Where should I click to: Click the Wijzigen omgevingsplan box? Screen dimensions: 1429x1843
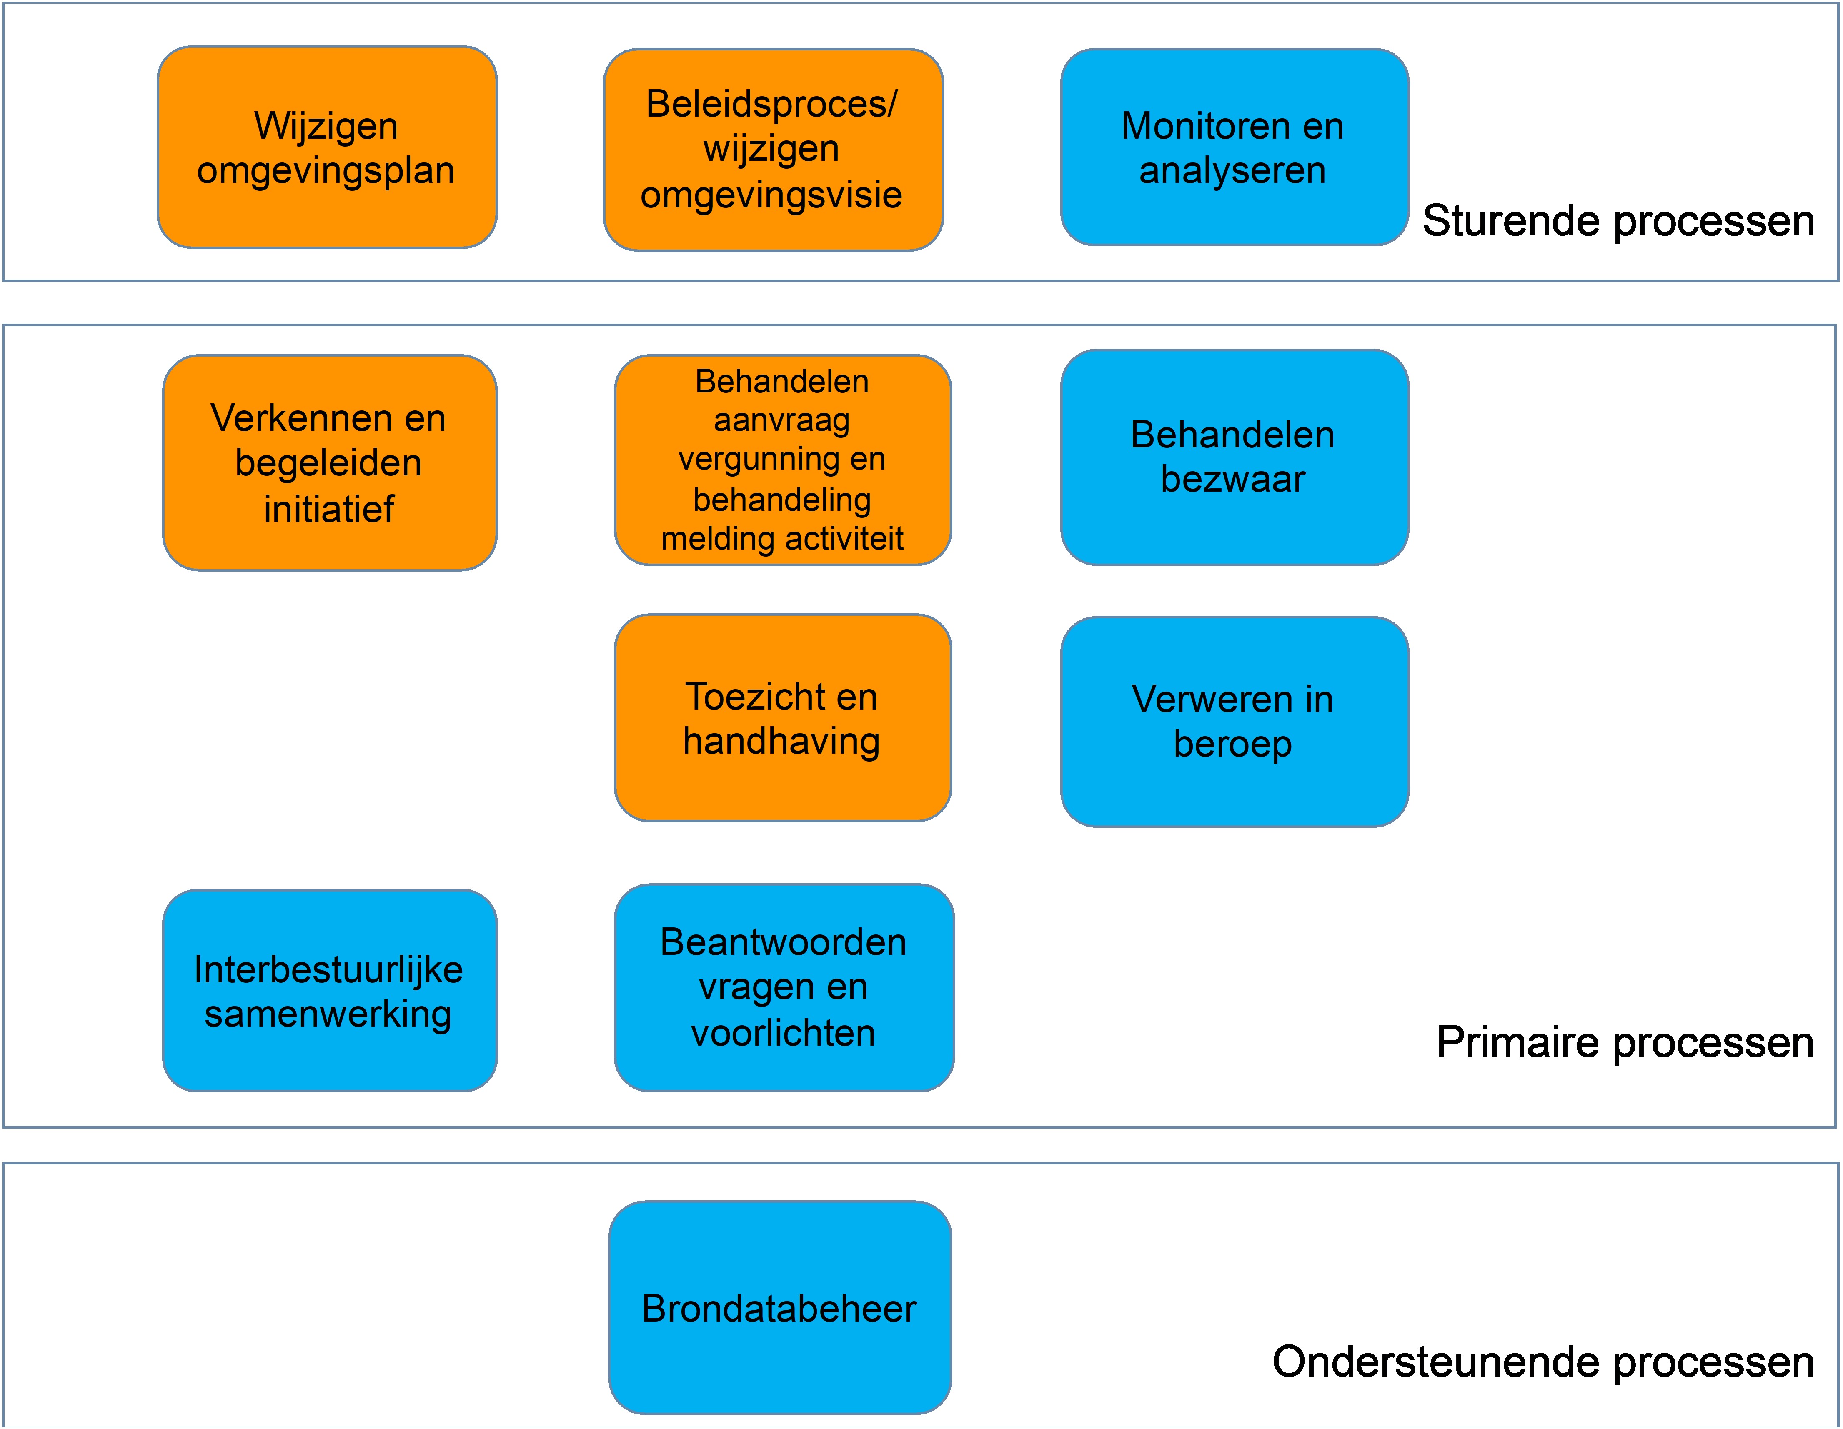click(327, 147)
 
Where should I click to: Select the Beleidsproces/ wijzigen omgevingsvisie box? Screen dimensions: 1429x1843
click(773, 149)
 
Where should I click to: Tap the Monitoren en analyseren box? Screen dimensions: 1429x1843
click(1234, 147)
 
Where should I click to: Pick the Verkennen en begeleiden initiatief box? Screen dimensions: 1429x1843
click(329, 463)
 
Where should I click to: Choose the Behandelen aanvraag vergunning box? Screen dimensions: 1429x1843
click(782, 460)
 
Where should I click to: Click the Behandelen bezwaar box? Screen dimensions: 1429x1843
click(1234, 457)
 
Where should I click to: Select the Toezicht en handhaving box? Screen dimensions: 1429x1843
click(782, 718)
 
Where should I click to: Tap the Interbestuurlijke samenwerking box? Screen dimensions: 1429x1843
click(329, 991)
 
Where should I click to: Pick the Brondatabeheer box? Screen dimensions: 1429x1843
click(780, 1308)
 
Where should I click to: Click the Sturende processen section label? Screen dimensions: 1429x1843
click(1618, 221)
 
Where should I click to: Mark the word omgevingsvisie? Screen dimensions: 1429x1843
click(771, 195)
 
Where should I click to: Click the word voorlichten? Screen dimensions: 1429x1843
click(783, 1033)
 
